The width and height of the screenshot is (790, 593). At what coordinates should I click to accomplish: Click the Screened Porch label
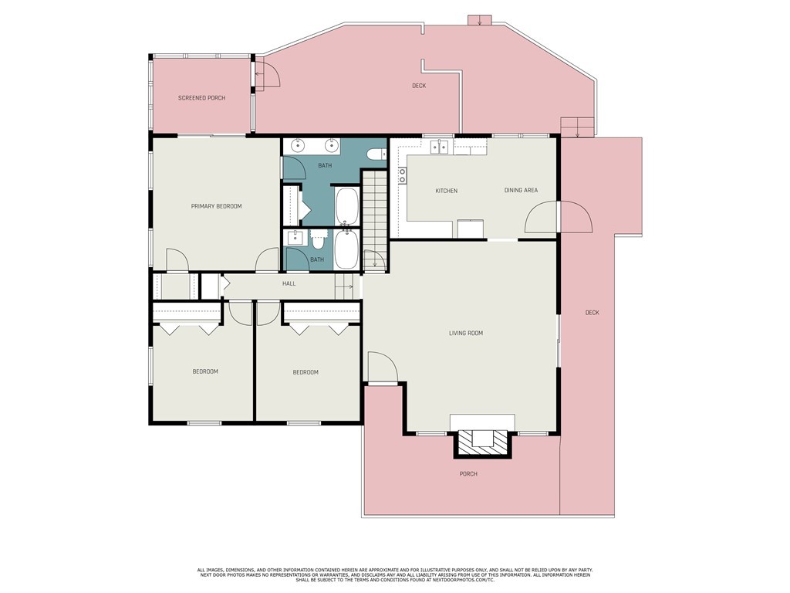(201, 98)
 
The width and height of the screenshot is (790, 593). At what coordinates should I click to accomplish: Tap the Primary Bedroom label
(216, 206)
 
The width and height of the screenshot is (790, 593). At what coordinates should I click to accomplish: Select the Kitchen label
(447, 191)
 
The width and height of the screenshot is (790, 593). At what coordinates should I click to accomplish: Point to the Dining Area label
(521, 190)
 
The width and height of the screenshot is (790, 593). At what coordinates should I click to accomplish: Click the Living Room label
(466, 333)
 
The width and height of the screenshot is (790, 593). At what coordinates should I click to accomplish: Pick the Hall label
(289, 283)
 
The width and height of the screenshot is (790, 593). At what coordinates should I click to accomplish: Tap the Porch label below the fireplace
(468, 474)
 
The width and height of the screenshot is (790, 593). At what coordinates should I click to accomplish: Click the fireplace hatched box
(483, 444)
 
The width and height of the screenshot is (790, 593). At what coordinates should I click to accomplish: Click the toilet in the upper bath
(376, 154)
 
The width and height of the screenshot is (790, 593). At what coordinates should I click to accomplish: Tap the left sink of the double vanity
(299, 146)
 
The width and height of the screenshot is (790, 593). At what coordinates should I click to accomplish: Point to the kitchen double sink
(439, 147)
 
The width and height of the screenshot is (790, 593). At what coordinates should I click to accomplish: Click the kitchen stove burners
(402, 175)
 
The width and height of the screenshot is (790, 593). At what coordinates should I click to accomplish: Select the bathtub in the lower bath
(346, 249)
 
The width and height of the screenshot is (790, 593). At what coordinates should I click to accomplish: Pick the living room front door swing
(383, 368)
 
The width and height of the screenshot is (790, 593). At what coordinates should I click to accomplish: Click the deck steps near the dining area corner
(578, 127)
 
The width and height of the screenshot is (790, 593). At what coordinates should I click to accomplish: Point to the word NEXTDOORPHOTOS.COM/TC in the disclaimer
(454, 581)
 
